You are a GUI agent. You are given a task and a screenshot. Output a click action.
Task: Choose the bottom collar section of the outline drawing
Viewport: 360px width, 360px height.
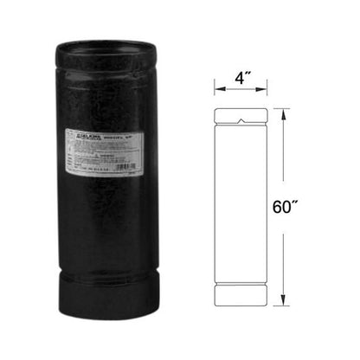(241, 299)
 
